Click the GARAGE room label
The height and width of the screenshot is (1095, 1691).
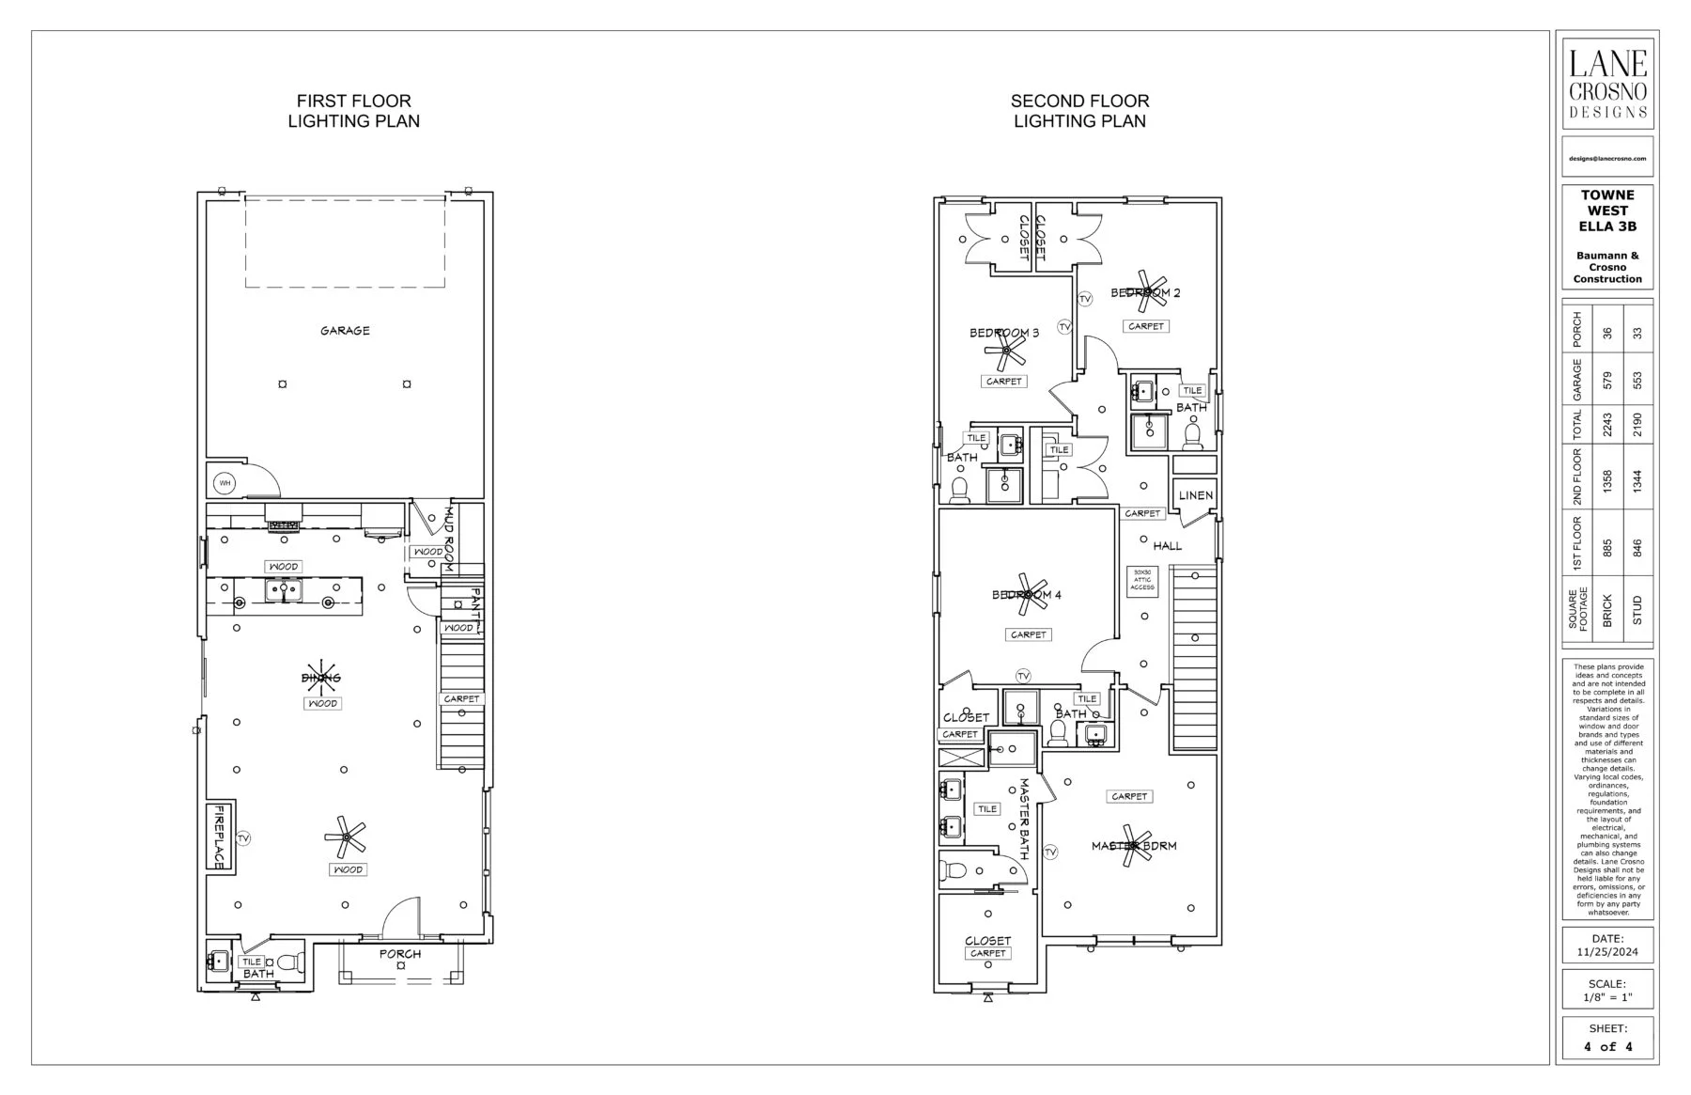pyautogui.click(x=345, y=331)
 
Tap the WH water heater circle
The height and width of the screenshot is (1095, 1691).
pyautogui.click(x=224, y=483)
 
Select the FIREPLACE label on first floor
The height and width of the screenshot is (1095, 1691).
pyautogui.click(x=221, y=837)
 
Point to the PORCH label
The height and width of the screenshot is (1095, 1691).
pyautogui.click(x=400, y=954)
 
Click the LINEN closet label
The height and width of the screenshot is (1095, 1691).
pyautogui.click(x=1195, y=495)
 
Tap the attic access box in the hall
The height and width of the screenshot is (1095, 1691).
pyautogui.click(x=1142, y=580)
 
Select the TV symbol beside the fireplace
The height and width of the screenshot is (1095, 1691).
pyautogui.click(x=243, y=837)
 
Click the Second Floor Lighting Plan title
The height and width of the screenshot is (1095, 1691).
pyautogui.click(x=1079, y=111)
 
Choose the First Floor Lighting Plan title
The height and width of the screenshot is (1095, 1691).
pyautogui.click(x=353, y=111)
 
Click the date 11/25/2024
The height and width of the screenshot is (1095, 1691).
pyautogui.click(x=1607, y=952)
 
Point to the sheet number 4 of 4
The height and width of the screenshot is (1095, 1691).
pyautogui.click(x=1607, y=1046)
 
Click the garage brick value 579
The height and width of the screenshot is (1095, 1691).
pyautogui.click(x=1607, y=380)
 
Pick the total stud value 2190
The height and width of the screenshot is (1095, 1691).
pyautogui.click(x=1637, y=425)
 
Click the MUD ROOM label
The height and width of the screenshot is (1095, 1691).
pyautogui.click(x=449, y=540)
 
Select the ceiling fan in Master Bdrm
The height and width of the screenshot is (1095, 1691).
pyautogui.click(x=1134, y=845)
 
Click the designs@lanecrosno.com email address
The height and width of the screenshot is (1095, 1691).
pyautogui.click(x=1607, y=159)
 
